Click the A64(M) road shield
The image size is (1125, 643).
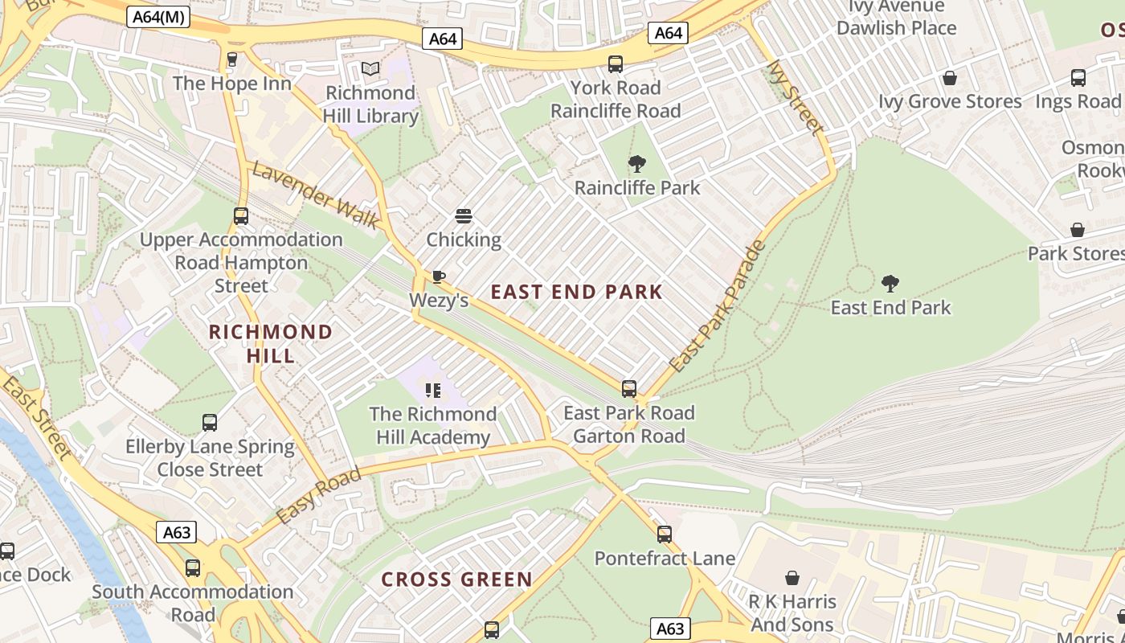click(x=157, y=16)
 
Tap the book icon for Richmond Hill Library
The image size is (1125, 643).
click(x=370, y=69)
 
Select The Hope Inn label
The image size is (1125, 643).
click(x=232, y=83)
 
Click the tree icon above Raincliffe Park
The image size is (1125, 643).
click(x=636, y=164)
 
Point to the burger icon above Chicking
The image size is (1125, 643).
click(x=463, y=215)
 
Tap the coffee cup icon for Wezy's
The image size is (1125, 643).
click(x=438, y=276)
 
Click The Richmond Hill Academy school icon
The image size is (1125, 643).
click(x=433, y=391)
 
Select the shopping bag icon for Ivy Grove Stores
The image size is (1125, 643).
click(x=950, y=78)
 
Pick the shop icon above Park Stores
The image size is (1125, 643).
click(x=1077, y=230)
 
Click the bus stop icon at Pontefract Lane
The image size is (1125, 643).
click(x=664, y=534)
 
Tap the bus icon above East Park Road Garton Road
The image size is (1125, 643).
click(x=629, y=389)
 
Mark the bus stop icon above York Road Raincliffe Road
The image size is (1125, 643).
click(x=616, y=64)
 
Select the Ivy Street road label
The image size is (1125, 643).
click(x=795, y=97)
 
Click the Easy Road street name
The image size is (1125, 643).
click(x=319, y=496)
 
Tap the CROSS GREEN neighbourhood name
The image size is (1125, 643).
click(x=456, y=580)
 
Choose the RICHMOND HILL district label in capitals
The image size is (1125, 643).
click(x=270, y=343)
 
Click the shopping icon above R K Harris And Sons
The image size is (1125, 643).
click(x=792, y=578)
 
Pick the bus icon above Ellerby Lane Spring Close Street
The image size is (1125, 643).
click(x=210, y=423)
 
